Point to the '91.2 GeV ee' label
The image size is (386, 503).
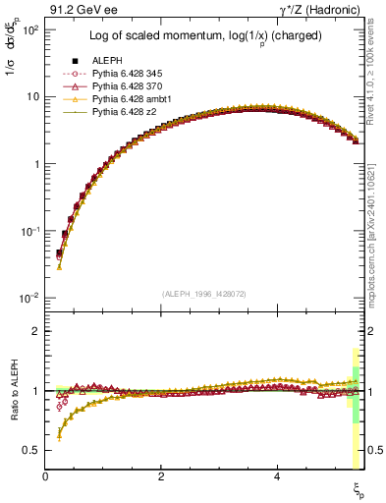click(x=82, y=11)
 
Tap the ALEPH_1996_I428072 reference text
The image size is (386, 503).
click(x=203, y=294)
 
